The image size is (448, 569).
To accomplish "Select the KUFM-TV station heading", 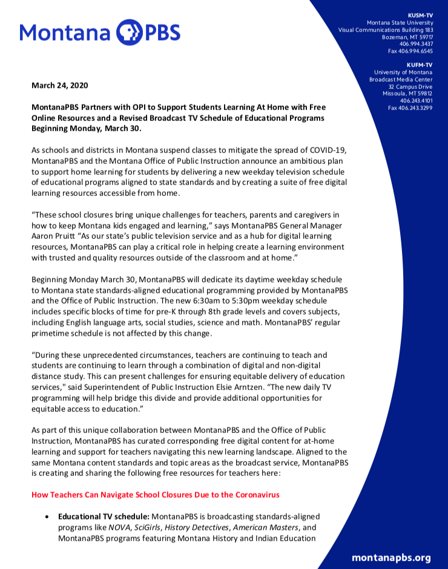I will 420,65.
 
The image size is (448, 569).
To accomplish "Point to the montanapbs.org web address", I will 391,558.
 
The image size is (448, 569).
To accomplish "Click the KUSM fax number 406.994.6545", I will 410,51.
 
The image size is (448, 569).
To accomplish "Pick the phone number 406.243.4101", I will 417,100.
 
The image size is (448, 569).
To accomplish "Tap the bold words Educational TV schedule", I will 104,516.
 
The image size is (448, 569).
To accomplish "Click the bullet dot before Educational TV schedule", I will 47,517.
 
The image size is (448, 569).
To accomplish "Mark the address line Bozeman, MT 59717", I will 407,37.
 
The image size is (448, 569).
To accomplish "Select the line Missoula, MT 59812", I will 407,93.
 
